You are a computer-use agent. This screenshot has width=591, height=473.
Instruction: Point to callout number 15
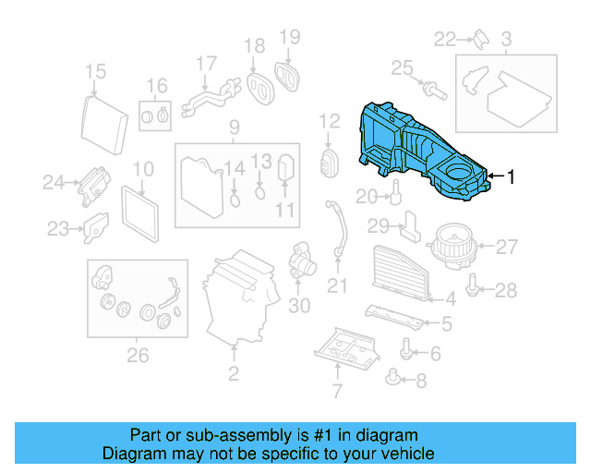(x=96, y=71)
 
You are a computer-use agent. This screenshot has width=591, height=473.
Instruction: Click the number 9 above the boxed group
(x=235, y=127)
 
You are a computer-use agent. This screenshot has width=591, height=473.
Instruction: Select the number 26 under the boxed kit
(x=137, y=353)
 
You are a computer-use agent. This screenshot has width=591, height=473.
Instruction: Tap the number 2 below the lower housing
(x=234, y=373)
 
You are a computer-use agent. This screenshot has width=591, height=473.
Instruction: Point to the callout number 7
(x=336, y=391)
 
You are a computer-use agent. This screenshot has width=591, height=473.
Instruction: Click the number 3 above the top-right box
(x=506, y=39)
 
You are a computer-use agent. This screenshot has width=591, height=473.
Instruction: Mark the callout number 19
(x=290, y=37)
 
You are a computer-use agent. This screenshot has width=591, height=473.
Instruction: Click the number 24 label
(x=54, y=183)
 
